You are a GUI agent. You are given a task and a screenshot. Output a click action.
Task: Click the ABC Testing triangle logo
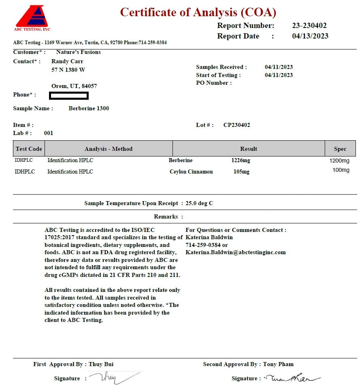pyautogui.click(x=32, y=17)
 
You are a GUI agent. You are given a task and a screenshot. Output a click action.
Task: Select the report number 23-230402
pyautogui.click(x=309, y=26)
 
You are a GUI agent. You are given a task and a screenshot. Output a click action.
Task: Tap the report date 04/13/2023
pyautogui.click(x=310, y=36)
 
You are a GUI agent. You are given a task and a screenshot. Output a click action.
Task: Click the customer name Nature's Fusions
pyautogui.click(x=79, y=52)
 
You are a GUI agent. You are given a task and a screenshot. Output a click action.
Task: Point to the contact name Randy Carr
pyautogui.click(x=67, y=61)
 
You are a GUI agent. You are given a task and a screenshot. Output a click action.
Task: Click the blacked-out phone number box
pyautogui.click(x=69, y=96)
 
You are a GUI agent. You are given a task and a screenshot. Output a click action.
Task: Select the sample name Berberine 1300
pyautogui.click(x=89, y=108)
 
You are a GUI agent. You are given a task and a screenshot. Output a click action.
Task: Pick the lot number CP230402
pyautogui.click(x=236, y=125)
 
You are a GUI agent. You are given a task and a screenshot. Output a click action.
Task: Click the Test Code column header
pyautogui.click(x=29, y=149)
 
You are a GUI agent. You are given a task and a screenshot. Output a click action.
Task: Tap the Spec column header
pyautogui.click(x=340, y=149)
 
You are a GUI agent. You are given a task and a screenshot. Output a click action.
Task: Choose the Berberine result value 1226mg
pyautogui.click(x=241, y=160)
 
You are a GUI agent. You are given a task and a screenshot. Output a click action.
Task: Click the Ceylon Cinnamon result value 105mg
pyautogui.click(x=241, y=171)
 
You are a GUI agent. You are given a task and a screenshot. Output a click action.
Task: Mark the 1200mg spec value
pyautogui.click(x=339, y=161)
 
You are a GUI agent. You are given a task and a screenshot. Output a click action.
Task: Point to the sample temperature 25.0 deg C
pyautogui.click(x=199, y=203)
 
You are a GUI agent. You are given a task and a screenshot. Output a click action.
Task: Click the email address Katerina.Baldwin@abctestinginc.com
pyautogui.click(x=236, y=252)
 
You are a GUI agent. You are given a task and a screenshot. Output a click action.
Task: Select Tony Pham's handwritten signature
pyautogui.click(x=292, y=378)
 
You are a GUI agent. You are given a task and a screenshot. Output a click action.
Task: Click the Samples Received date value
pyautogui.click(x=279, y=67)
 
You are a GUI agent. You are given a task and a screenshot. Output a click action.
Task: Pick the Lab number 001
pyautogui.click(x=49, y=133)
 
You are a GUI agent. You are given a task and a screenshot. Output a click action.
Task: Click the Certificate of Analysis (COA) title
pyautogui.click(x=198, y=12)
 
